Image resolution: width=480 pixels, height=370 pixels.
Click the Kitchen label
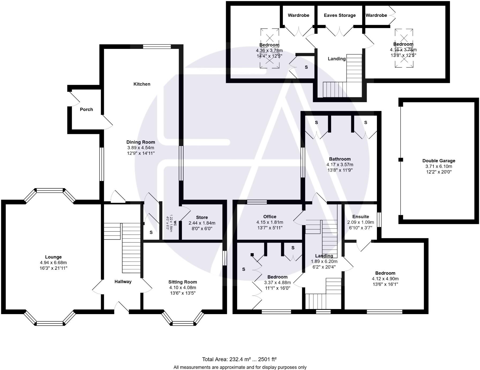142,84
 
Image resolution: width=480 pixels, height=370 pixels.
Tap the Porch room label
86,109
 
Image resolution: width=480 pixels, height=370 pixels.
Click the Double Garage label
439,161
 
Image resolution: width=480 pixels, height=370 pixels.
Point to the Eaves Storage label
340,15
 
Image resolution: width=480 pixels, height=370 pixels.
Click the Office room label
270,217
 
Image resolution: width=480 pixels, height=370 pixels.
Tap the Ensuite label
361,217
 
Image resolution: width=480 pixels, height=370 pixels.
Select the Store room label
202,217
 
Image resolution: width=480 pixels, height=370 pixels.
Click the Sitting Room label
182,282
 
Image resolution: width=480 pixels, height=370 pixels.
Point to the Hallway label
123,282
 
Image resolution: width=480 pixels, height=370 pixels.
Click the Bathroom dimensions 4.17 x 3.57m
340,165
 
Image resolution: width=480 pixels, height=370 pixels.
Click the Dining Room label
141,142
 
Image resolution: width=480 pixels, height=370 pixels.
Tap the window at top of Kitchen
157,47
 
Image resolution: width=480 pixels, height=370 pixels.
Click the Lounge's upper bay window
50,190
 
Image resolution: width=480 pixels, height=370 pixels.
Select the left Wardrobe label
298,15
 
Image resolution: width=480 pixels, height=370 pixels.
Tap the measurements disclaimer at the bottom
240,367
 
